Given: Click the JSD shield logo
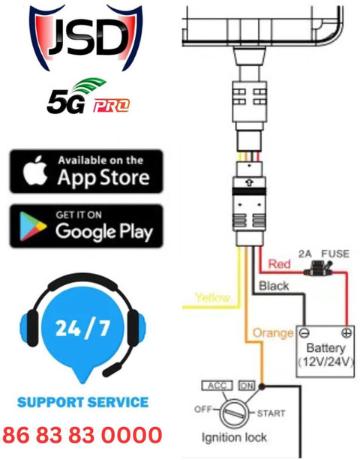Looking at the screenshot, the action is (x=86, y=38).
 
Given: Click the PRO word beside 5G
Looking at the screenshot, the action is (x=111, y=106).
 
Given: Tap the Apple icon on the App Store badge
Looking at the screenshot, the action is (x=35, y=170).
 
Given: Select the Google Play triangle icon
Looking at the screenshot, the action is (x=32, y=226).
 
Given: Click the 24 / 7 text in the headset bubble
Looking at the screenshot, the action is (x=82, y=328).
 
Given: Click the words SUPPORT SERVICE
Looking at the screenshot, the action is (x=83, y=402).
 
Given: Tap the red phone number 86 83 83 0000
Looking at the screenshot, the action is (x=82, y=434).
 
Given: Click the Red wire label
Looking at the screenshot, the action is (x=280, y=264).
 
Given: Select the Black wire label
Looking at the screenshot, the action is (x=274, y=286).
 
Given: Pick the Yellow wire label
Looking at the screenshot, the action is (x=212, y=297).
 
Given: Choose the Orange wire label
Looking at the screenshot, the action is (x=273, y=333).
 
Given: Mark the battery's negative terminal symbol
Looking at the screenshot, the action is (x=304, y=333).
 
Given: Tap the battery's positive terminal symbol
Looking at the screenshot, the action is (x=346, y=333).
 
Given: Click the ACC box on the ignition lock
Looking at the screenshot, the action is (x=217, y=386).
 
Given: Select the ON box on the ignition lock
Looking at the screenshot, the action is (x=247, y=386).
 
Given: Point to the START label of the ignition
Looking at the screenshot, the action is (x=271, y=413).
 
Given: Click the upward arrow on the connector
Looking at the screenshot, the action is (x=249, y=183).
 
